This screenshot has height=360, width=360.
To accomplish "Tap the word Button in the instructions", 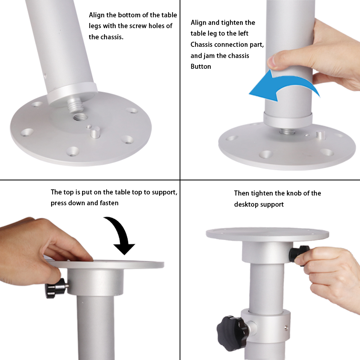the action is (x=201, y=67).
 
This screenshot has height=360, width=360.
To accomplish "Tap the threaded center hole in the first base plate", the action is (x=80, y=118).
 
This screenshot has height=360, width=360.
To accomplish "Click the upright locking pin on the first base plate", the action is (x=95, y=132).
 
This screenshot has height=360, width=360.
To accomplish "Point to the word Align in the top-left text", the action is (x=96, y=15).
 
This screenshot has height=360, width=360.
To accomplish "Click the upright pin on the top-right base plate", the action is (x=319, y=135).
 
